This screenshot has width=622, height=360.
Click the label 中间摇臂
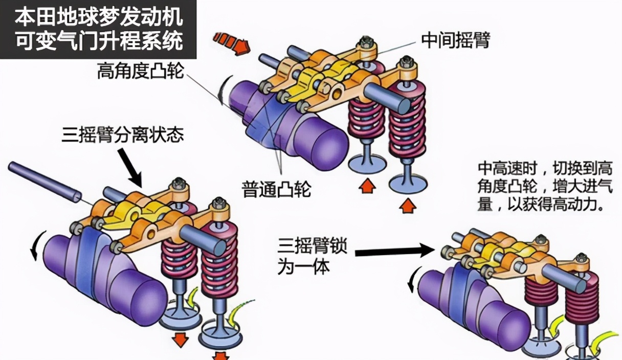tap(455, 40)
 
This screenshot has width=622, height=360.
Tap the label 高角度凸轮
tap(140, 72)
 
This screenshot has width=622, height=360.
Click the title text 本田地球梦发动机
tap(98, 17)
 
